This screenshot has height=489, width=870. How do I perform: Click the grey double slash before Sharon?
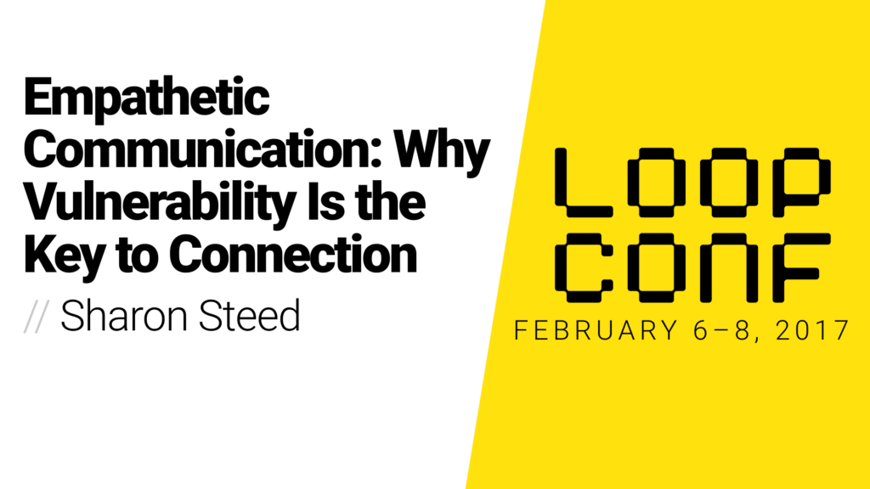tap(38, 316)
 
